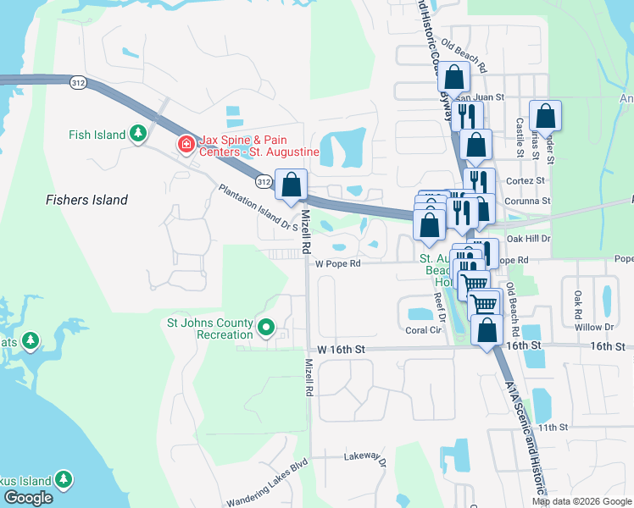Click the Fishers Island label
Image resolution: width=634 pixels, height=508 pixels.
[x=86, y=200]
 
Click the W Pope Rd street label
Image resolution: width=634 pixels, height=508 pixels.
[x=338, y=263]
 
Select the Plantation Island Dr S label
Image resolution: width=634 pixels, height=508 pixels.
[x=259, y=207]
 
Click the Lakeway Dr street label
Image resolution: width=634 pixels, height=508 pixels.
[x=365, y=458]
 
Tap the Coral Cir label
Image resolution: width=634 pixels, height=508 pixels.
[x=425, y=330]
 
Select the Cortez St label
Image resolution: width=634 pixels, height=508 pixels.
[x=527, y=180]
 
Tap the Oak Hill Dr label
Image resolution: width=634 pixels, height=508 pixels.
[x=528, y=239]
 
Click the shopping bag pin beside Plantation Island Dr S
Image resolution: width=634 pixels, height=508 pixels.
[x=292, y=185]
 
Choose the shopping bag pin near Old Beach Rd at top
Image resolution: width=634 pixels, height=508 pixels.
[x=454, y=78]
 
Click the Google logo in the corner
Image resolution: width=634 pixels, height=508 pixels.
[x=28, y=498]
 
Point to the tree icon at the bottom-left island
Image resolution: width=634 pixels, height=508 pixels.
[x=64, y=480]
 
